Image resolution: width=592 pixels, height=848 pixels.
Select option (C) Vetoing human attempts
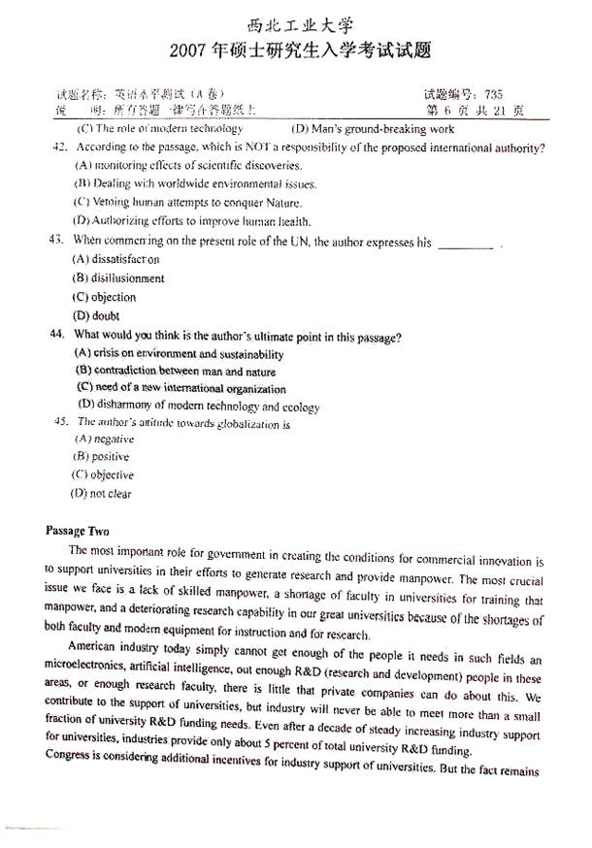pyautogui.click(x=175, y=202)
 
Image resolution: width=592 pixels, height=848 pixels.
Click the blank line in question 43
pyautogui.click(x=466, y=244)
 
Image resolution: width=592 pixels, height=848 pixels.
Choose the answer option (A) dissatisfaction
pyautogui.click(x=115, y=259)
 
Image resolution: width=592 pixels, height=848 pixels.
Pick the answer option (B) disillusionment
pyautogui.click(x=118, y=278)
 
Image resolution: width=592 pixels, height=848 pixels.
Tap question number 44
pyautogui.click(x=55, y=335)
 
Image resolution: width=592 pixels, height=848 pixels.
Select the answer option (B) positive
pyautogui.click(x=101, y=456)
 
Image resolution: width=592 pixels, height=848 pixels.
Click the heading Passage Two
pyautogui.click(x=78, y=531)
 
